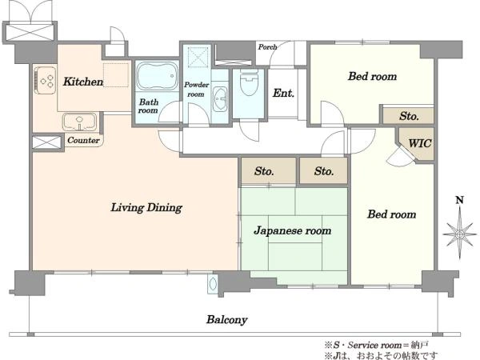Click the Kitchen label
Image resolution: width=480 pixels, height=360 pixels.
(83, 82)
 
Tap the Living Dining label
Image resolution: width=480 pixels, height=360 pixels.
(146, 207)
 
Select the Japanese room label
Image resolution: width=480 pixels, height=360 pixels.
(292, 230)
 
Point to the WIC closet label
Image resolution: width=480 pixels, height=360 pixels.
(420, 143)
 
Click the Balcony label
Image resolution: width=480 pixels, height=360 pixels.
(226, 319)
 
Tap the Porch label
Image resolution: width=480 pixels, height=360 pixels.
(267, 47)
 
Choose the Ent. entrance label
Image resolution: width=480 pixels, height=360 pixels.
(283, 93)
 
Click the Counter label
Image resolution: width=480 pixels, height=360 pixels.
(83, 140)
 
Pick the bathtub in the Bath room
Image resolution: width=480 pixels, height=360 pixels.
(157, 76)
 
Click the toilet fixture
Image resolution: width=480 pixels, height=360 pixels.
(249, 82)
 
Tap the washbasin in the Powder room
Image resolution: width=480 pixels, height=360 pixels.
(219, 99)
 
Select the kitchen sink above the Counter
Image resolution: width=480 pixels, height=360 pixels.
(79, 121)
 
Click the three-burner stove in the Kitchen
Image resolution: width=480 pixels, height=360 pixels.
(45, 80)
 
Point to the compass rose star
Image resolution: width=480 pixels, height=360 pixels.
(459, 234)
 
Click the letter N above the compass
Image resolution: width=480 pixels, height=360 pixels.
(459, 200)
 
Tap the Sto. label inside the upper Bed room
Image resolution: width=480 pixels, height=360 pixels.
(409, 116)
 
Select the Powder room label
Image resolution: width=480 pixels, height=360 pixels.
(196, 89)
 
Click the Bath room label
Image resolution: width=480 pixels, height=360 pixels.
(149, 106)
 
